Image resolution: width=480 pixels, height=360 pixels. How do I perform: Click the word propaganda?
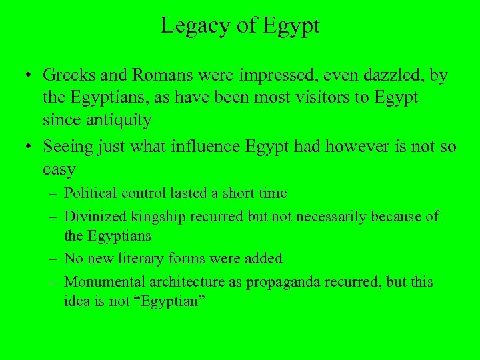click(x=283, y=282)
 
